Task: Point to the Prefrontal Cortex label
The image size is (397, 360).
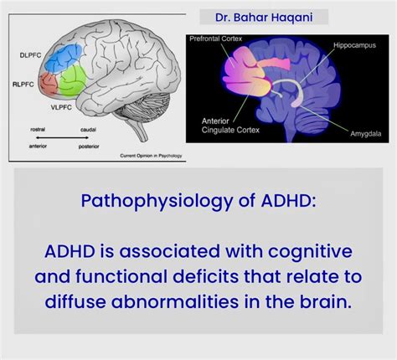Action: [216, 39]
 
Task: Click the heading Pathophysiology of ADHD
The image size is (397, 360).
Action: [198, 201]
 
